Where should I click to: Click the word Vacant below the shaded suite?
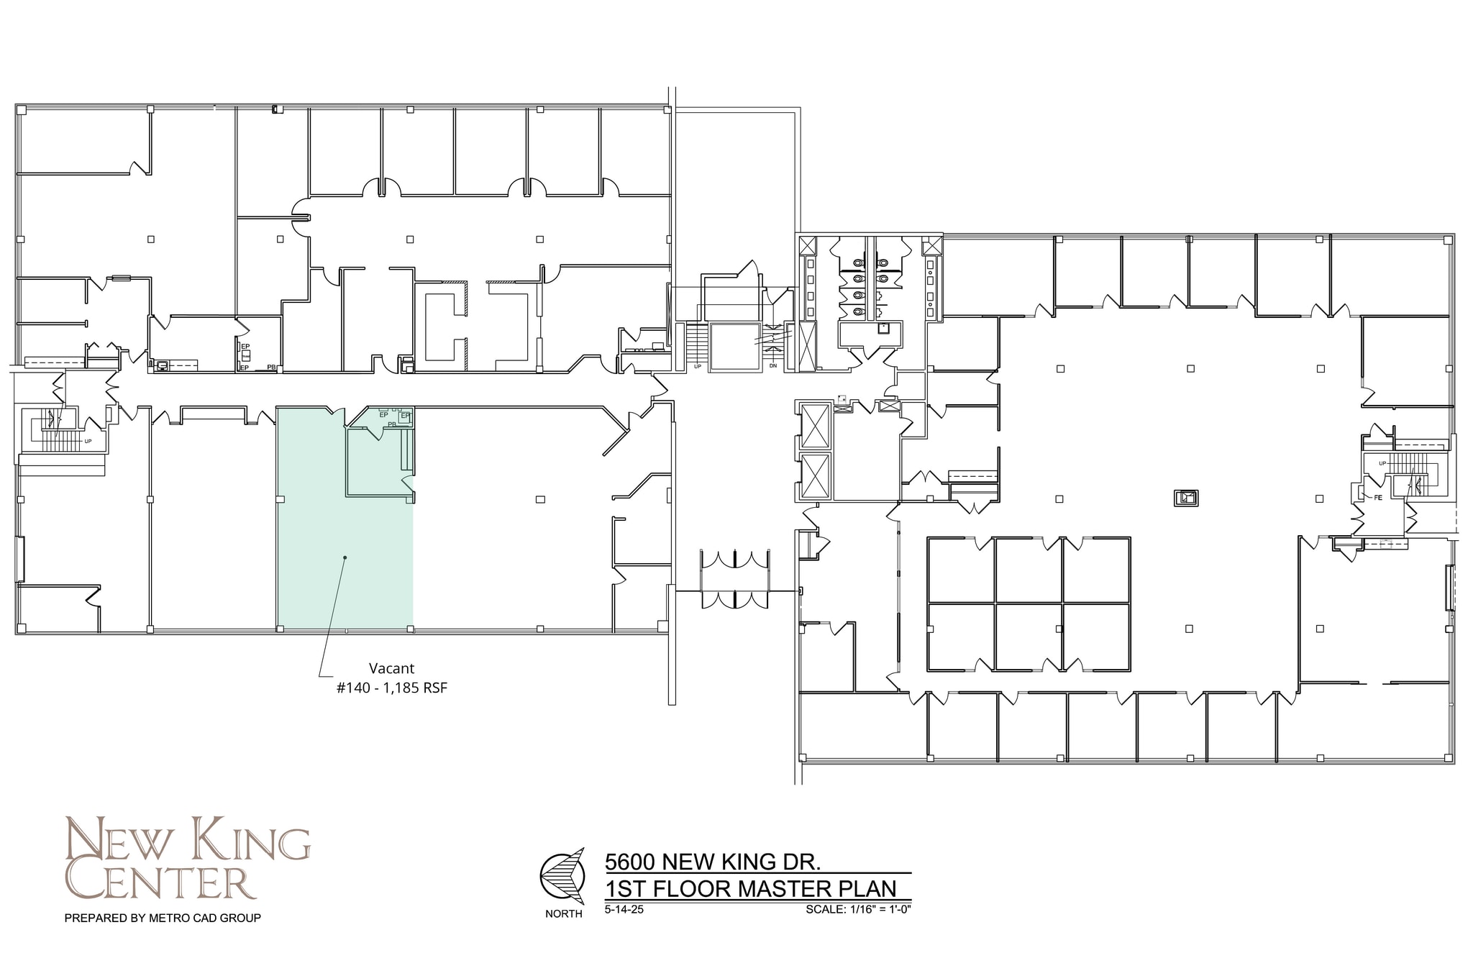[x=391, y=668]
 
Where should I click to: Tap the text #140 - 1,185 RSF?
[x=391, y=688]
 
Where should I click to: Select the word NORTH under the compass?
[x=563, y=914]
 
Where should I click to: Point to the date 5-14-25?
[x=624, y=909]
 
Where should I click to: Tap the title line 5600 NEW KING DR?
[x=713, y=861]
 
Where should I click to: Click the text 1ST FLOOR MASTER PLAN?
[x=751, y=889]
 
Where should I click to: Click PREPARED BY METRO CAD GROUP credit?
[x=163, y=918]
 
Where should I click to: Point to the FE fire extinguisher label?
[x=1378, y=497]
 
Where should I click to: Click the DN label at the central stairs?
[x=773, y=366]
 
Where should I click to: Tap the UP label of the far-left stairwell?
[x=88, y=441]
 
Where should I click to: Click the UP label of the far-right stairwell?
[x=1382, y=463]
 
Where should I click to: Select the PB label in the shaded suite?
[x=392, y=424]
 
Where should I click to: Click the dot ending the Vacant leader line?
[x=345, y=557]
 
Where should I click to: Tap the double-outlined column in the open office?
[x=1186, y=497]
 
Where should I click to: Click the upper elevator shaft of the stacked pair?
[x=815, y=426]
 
